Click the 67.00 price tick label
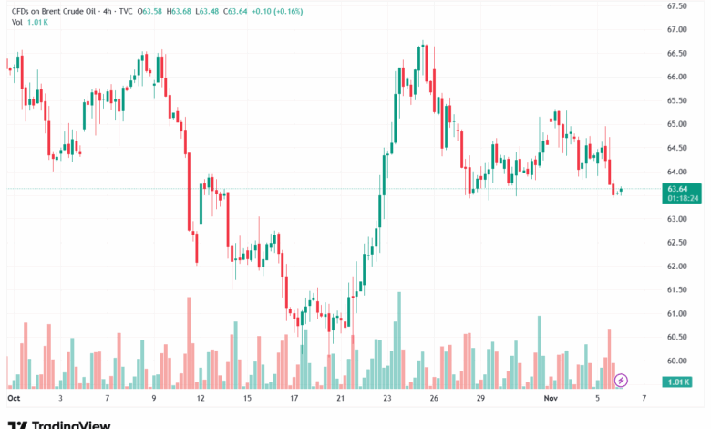(676, 29)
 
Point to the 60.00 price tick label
(676, 361)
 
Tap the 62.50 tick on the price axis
(676, 242)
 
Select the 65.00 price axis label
(676, 124)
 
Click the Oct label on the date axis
(13, 398)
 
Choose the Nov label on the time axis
(551, 398)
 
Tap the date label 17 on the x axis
(294, 398)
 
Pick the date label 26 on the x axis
(434, 398)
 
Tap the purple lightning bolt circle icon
(622, 380)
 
